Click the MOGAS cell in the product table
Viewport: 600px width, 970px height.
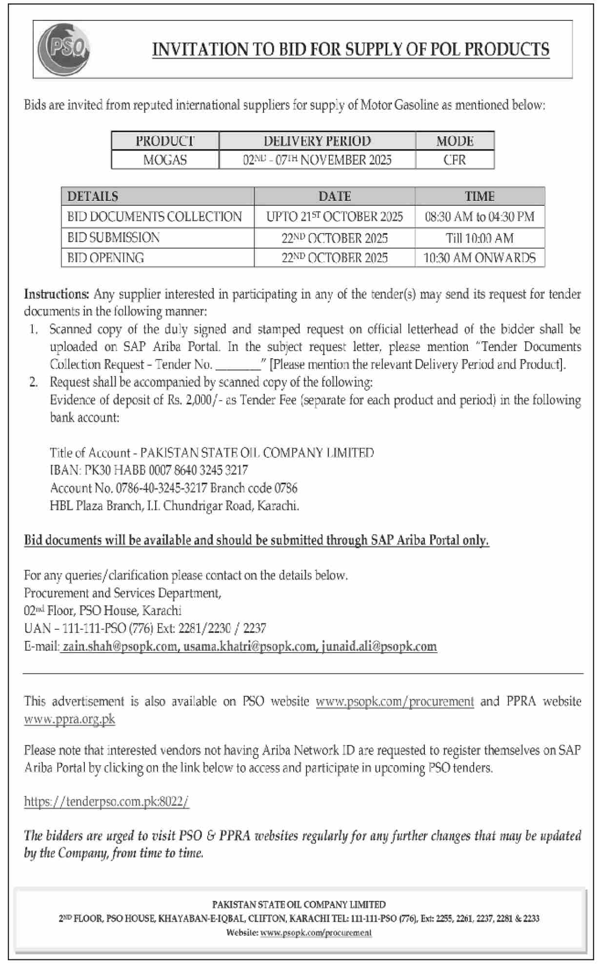click(165, 160)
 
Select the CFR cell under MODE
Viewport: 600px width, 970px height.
click(455, 160)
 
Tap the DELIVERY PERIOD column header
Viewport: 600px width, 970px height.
click(317, 141)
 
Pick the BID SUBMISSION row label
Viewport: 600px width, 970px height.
click(114, 238)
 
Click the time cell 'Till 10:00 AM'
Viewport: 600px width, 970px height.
click(480, 238)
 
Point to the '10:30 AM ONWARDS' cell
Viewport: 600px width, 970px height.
click(480, 258)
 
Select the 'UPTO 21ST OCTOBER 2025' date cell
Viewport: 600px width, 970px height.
click(335, 217)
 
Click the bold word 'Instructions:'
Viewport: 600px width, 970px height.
click(57, 294)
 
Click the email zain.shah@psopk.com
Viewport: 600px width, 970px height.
click(120, 646)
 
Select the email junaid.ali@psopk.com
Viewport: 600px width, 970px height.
click(379, 646)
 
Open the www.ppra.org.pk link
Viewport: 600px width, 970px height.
click(70, 719)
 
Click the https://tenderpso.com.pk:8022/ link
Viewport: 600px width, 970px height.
click(106, 802)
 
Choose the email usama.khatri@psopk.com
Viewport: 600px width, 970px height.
click(249, 646)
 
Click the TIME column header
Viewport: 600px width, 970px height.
click(480, 196)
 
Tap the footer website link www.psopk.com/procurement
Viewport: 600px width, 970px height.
click(316, 933)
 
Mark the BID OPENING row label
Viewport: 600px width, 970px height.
click(106, 258)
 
